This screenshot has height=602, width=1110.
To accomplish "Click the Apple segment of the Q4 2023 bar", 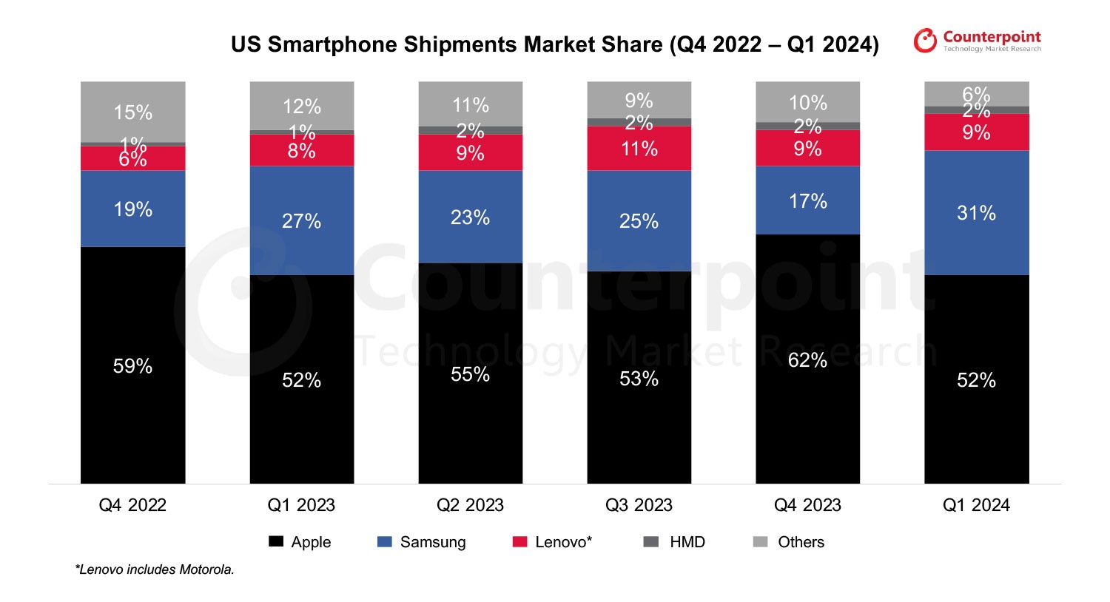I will click(807, 414).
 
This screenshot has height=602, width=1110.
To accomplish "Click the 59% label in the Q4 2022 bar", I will click(132, 366).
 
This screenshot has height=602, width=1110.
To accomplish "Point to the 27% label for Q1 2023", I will click(301, 221).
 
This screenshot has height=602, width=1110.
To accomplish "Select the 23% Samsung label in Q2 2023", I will click(470, 217).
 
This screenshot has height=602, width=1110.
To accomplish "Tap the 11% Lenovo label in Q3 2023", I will click(639, 149).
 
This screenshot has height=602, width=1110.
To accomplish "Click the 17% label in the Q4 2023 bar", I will click(807, 201).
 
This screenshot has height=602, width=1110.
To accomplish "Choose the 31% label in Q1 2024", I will click(976, 214).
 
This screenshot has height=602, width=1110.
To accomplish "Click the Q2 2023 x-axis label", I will click(470, 505).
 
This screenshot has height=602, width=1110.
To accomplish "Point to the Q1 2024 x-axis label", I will click(976, 505).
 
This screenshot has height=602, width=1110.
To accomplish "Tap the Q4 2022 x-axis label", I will click(132, 505).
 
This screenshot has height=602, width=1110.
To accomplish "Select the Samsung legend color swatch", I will click(384, 542).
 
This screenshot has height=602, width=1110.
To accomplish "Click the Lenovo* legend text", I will click(563, 542).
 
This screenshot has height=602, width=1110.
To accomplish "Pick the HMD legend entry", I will click(687, 542).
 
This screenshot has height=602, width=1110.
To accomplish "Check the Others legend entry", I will click(801, 542).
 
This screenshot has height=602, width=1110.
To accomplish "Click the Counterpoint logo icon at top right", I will click(925, 41).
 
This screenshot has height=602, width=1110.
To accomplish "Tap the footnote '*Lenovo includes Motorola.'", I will click(155, 569).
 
